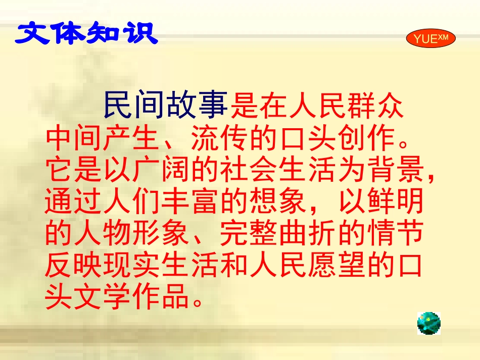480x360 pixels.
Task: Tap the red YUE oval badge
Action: pos(430,39)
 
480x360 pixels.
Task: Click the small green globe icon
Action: pos(429,323)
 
